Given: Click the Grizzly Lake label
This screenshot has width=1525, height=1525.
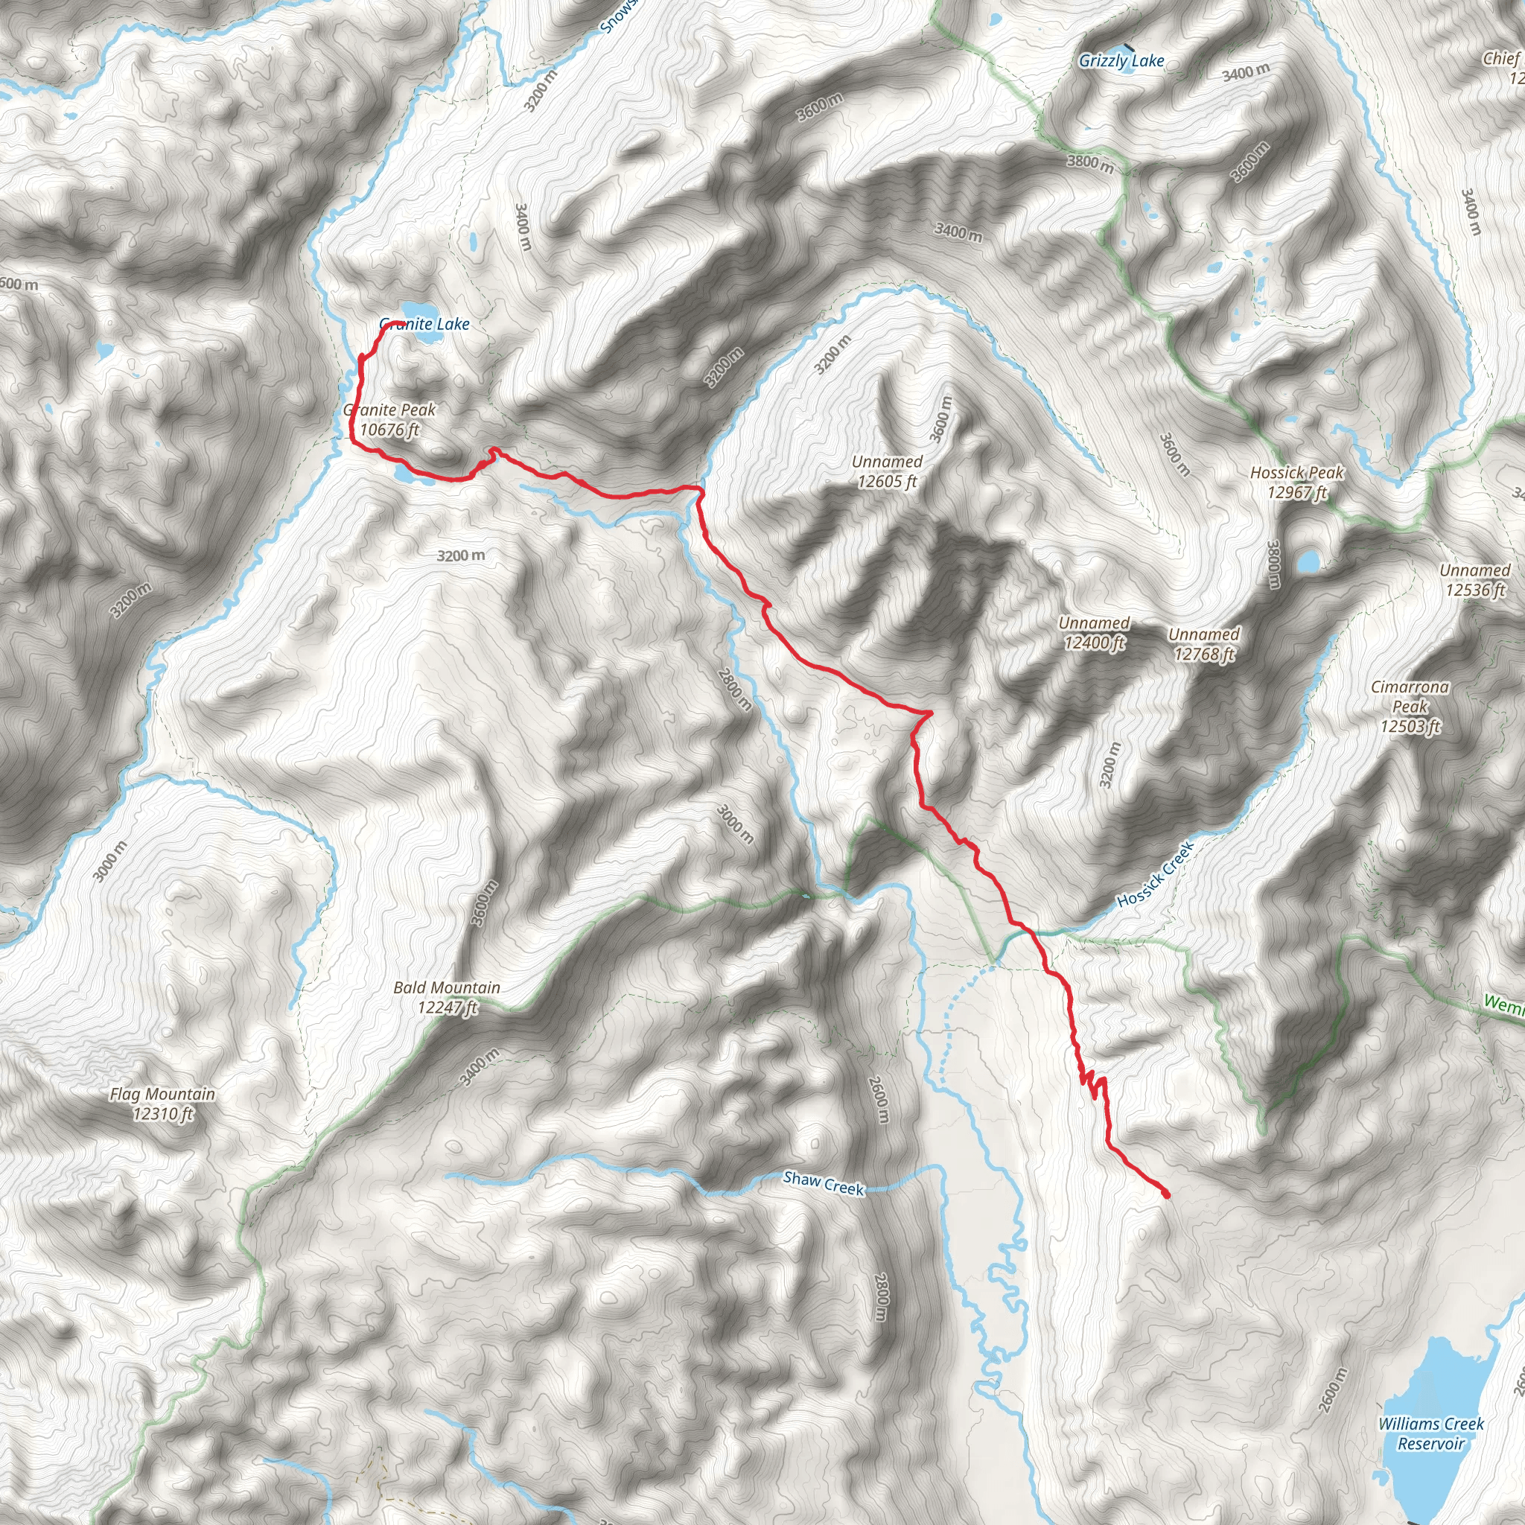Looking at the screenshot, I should point(1121,61).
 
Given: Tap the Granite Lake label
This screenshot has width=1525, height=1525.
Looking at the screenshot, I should point(424,324).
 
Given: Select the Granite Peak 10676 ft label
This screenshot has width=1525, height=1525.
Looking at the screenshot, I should point(390,419).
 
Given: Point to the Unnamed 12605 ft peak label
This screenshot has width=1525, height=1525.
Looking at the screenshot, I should point(887,471).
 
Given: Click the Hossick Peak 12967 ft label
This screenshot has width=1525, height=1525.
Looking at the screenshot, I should point(1297,483).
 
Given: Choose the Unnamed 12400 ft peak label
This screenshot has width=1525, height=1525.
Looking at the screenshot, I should point(1094,633).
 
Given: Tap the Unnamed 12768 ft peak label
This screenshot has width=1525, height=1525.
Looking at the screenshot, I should point(1204,644).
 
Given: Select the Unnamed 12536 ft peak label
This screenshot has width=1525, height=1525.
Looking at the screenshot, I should point(1474,579).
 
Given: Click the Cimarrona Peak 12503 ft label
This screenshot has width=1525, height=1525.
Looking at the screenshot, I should point(1410,707).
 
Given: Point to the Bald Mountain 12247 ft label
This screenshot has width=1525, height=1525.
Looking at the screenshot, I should point(447,997).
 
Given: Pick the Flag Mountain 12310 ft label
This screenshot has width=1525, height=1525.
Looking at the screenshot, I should point(162,1104).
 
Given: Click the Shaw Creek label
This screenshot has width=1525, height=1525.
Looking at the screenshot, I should point(824,1183).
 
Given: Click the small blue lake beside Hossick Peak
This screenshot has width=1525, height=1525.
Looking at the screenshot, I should point(1307,561).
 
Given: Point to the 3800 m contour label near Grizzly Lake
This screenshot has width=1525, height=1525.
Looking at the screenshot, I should point(1090,163).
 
